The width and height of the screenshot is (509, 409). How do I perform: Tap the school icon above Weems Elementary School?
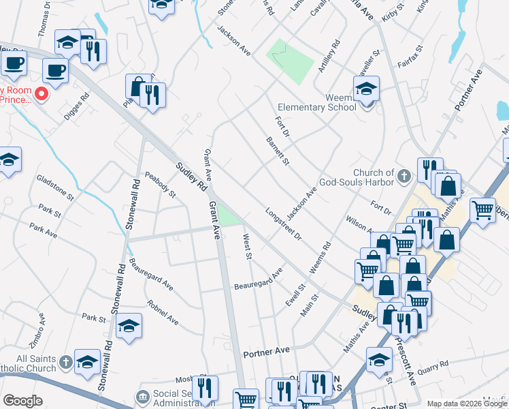tap(366, 88)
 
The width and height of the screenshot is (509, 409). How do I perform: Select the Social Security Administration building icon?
tap(143, 396)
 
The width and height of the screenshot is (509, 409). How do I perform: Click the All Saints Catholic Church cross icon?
tap(65, 362)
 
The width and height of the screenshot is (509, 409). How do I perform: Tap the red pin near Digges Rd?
tap(41, 93)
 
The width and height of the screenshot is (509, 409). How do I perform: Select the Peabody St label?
tap(160, 185)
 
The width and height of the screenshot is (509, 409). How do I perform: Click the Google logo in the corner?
tap(22, 401)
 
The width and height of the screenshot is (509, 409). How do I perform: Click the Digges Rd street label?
tap(76, 105)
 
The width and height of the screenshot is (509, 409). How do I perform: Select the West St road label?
tap(248, 247)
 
